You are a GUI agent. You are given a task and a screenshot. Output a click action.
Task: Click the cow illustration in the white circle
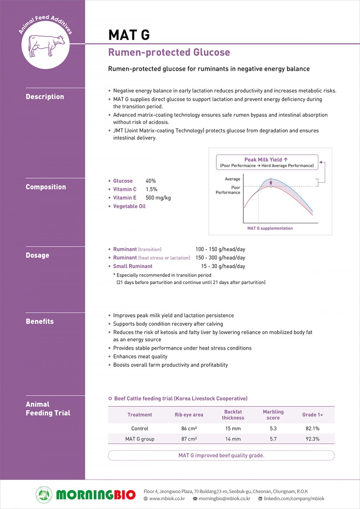coord(46,45)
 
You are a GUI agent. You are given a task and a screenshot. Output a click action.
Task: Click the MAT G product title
coord(129,35)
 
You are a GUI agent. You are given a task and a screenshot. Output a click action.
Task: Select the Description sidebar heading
coord(45,96)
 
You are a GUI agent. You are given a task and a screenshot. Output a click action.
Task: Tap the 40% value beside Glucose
coord(150,181)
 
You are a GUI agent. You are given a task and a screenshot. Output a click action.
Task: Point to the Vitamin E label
coord(125,198)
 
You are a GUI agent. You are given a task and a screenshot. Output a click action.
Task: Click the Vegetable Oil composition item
coord(129,206)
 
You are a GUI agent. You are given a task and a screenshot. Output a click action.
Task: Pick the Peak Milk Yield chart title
coord(266,159)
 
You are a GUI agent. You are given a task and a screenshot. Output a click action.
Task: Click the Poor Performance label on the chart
coord(228,190)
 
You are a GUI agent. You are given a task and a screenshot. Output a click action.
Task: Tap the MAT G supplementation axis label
coord(270,228)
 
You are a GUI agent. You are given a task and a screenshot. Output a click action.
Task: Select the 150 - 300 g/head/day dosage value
coord(220,258)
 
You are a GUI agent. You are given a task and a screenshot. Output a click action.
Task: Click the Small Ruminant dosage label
coord(132,266)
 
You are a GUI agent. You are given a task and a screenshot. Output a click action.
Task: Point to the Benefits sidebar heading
coord(40,321)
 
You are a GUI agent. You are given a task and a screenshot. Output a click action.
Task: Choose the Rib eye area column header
coord(189,415)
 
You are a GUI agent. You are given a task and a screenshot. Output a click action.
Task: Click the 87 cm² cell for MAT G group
coord(189,439)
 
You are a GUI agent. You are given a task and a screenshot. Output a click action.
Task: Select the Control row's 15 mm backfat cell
coord(233,428)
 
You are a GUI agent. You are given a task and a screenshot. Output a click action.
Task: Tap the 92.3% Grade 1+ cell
coord(312,439)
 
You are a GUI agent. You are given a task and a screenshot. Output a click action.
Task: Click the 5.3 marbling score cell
coord(273,428)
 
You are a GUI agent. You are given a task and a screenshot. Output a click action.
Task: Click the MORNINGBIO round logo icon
coord(44,495)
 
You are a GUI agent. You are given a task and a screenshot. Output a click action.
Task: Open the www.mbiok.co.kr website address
coord(167,499)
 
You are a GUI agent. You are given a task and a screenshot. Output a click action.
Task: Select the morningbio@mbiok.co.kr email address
coord(224,499)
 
